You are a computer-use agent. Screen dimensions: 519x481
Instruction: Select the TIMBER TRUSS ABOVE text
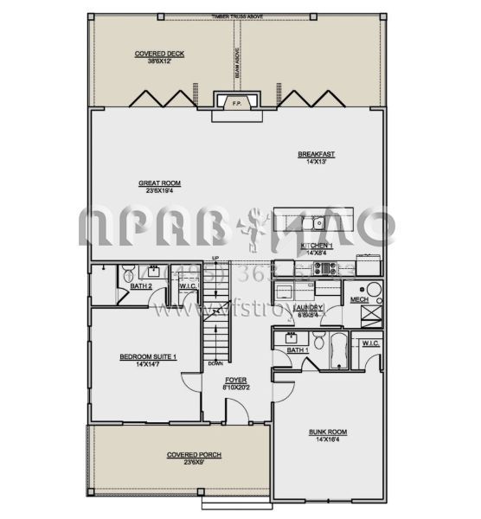pos(235,16)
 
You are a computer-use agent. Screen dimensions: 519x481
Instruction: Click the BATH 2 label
pos(141,286)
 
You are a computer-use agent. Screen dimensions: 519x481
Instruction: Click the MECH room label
pos(358,300)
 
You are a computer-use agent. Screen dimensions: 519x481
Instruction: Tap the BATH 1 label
pos(298,350)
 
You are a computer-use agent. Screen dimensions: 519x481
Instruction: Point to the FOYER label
pos(236,381)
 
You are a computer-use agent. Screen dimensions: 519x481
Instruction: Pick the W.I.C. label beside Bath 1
pos(370,343)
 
